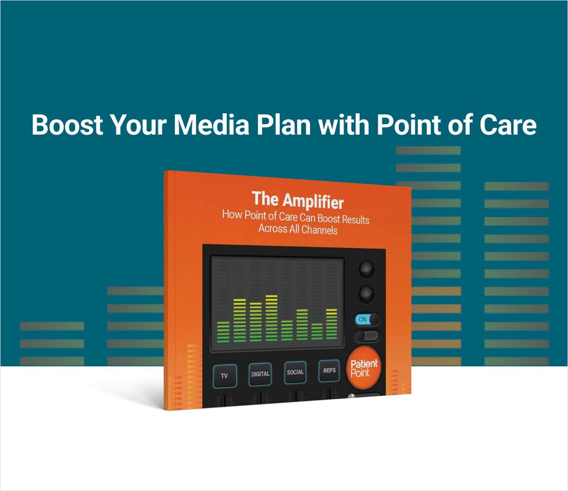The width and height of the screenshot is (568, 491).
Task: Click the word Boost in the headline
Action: tap(67, 125)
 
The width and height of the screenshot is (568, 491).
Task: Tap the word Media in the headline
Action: tap(211, 125)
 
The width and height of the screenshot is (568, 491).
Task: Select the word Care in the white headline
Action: tap(508, 125)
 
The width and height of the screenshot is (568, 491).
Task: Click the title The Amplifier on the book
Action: tap(298, 200)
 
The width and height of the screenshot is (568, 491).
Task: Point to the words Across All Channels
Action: tap(298, 229)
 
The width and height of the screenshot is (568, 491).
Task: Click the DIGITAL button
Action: tap(260, 374)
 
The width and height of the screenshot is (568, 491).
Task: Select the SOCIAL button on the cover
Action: tap(295, 373)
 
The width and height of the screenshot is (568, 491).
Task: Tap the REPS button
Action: tap(329, 371)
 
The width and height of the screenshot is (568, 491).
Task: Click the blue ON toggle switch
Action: tap(367, 319)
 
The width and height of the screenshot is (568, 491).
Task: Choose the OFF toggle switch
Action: tap(367, 336)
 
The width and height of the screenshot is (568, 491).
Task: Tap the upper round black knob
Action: tap(366, 269)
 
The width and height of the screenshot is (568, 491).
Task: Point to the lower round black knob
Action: tap(366, 294)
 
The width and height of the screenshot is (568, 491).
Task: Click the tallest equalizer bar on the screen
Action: tap(272, 318)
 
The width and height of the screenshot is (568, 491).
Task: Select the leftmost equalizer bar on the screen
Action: tap(223, 332)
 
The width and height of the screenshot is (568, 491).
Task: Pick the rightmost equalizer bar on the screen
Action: tap(332, 324)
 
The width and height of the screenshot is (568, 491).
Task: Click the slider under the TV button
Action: tap(225, 401)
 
